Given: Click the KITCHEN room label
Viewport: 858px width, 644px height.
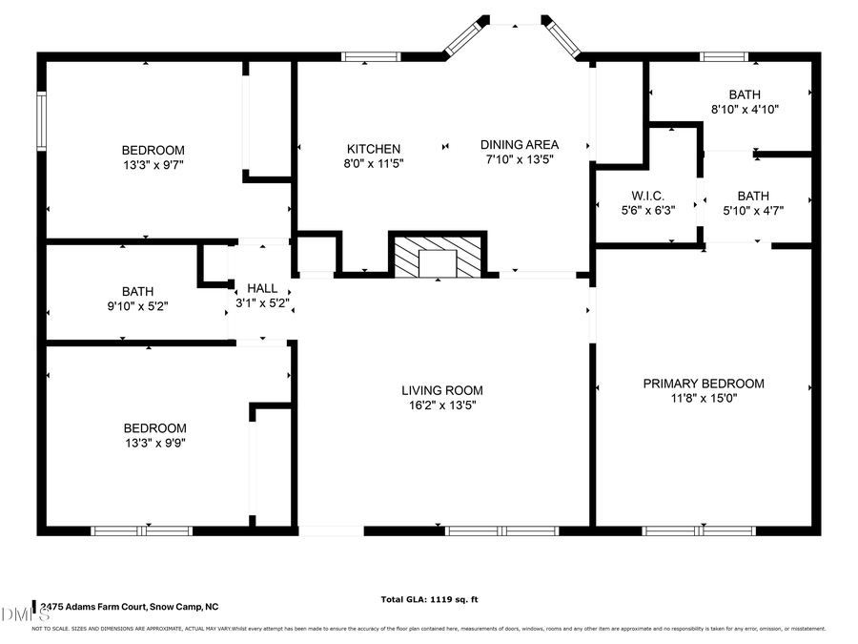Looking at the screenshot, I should click(x=373, y=149).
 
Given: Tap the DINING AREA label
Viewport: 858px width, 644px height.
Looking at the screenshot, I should click(x=519, y=144).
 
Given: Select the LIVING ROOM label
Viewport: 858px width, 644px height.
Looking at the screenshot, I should click(x=441, y=389).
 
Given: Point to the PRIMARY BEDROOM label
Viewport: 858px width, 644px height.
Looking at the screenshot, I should click(x=703, y=383).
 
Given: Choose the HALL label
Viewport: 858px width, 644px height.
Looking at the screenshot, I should click(x=262, y=287).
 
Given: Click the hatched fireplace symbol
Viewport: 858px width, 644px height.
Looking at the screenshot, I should click(x=438, y=255).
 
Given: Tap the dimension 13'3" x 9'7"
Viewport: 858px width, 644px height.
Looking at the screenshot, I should click(x=153, y=165).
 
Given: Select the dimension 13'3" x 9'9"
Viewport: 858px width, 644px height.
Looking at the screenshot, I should click(x=153, y=443).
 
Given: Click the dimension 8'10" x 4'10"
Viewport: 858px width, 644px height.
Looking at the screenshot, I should click(x=745, y=109).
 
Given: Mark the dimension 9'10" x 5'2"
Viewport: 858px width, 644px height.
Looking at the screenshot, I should click(x=137, y=306).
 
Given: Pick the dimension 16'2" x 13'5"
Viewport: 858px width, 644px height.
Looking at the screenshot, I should click(x=441, y=405).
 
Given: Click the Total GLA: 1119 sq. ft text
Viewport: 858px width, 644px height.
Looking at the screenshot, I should click(x=429, y=599).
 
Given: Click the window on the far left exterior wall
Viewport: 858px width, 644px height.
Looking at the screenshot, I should click(x=41, y=120).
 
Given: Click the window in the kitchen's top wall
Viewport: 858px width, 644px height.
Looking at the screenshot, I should click(x=370, y=57).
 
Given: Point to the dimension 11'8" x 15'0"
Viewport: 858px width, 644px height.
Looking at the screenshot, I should click(x=703, y=398).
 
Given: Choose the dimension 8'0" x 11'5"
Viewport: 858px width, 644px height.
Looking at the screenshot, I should click(x=373, y=164).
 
